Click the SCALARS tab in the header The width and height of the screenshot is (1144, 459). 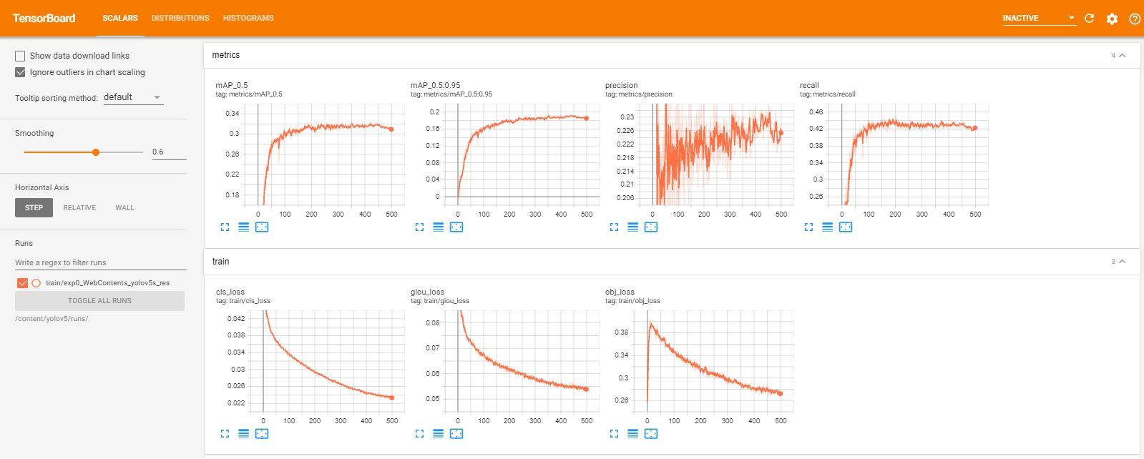point(119,18)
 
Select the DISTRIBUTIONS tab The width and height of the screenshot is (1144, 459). point(180,18)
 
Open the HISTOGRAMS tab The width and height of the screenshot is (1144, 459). point(248,18)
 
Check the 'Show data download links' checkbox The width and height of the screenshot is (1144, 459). point(20,56)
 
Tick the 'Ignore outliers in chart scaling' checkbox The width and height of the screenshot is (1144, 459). point(20,72)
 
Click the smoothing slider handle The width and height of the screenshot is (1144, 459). point(96,152)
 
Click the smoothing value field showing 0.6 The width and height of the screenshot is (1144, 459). point(168,152)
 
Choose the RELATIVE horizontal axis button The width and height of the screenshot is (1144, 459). point(79,208)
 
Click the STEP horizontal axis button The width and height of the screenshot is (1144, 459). point(34,208)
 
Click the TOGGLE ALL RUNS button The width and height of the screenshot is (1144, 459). point(99,301)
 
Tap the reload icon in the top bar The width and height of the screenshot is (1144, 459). point(1089,19)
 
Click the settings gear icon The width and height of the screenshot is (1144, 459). point(1112,19)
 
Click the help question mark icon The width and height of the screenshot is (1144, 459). point(1134,19)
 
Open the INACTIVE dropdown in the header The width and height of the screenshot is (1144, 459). point(1039,19)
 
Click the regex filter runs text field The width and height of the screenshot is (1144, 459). point(100,262)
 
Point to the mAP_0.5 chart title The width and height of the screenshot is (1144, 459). point(232,85)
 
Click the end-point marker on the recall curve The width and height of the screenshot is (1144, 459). point(974,128)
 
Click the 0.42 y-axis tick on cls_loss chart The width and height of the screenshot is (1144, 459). point(236,319)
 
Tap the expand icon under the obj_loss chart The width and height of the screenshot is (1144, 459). point(614,434)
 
